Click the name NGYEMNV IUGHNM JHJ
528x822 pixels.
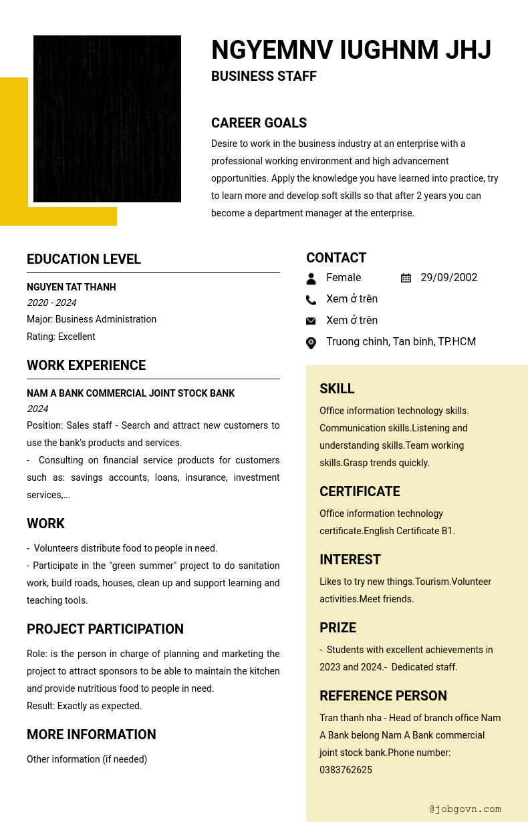tap(351, 51)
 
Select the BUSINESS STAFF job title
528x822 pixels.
tap(264, 76)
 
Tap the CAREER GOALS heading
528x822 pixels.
tap(259, 123)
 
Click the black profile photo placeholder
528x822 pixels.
tap(107, 119)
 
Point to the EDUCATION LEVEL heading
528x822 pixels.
tap(84, 259)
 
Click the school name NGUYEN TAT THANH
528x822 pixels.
tap(72, 287)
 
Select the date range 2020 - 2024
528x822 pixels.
tap(51, 302)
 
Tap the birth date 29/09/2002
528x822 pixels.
tap(448, 278)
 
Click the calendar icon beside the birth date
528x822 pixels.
tap(406, 278)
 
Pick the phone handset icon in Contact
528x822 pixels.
tap(311, 300)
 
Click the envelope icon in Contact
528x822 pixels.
tap(311, 321)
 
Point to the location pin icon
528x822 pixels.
tap(311, 343)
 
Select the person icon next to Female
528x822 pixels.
tap(311, 278)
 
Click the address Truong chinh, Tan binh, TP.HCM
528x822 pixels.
tap(401, 342)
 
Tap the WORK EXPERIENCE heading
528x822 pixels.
tap(86, 365)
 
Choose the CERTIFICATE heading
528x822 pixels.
tap(360, 491)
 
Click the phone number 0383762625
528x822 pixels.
tap(346, 770)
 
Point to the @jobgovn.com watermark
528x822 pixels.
tap(465, 809)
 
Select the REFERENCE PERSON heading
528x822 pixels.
tap(383, 696)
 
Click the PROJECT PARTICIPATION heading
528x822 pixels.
tap(105, 629)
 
